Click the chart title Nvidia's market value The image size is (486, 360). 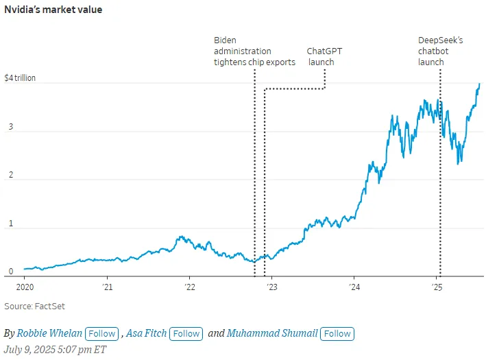coord(53,10)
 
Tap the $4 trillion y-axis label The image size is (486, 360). coord(20,78)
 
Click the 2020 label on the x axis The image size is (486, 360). coord(24,287)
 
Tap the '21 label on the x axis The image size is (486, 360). coord(107,287)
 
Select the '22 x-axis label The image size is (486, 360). coord(189,287)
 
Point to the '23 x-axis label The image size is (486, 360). coord(271,287)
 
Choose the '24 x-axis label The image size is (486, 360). coord(354,287)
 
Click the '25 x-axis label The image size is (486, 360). coord(437,287)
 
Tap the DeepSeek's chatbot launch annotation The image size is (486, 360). coord(440,51)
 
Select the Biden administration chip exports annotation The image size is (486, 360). coord(254,51)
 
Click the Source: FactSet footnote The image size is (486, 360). coord(35,307)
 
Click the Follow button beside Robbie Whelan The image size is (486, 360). coord(101,334)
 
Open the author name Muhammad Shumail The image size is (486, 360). coord(272,334)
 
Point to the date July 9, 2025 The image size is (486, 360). coord(55,350)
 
